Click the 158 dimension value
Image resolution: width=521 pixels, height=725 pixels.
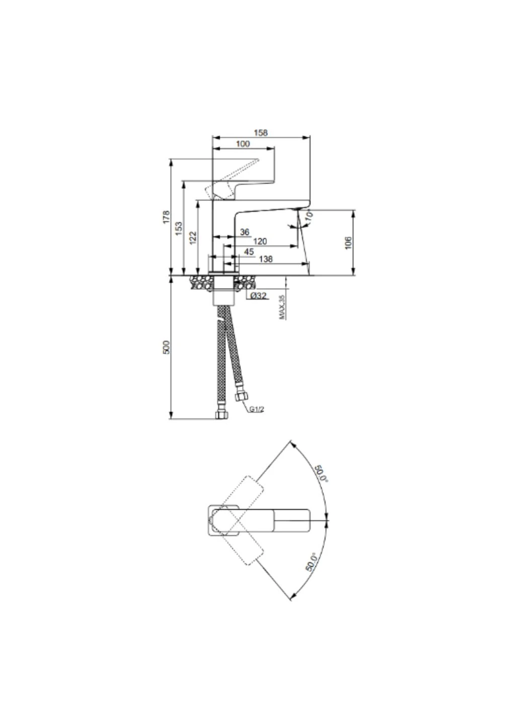click(260, 133)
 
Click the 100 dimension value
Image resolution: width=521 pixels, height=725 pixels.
click(243, 143)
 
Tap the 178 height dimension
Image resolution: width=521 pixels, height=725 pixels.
click(166, 217)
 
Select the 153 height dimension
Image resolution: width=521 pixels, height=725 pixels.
click(179, 228)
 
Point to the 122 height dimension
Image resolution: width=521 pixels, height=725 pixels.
click(193, 238)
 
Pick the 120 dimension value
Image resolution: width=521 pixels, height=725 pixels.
click(260, 241)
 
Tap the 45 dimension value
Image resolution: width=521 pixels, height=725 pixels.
click(249, 252)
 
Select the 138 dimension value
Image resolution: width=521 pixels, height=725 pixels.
click(266, 259)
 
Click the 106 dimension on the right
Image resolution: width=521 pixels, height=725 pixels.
click(348, 243)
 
